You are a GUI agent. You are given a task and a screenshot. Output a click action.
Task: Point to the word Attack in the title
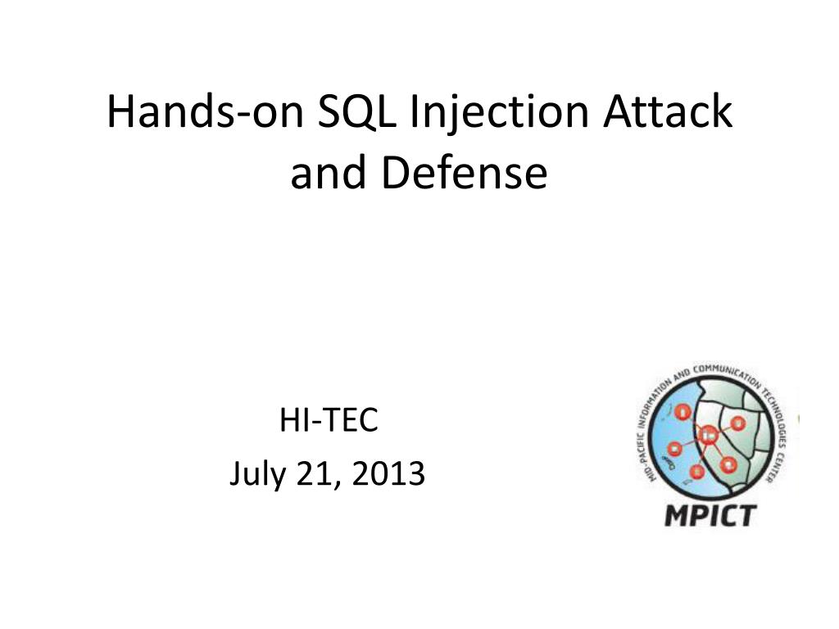click(668, 112)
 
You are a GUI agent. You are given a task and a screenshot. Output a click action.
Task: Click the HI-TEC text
click(329, 421)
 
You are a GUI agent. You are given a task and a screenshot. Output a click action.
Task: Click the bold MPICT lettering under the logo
click(710, 516)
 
